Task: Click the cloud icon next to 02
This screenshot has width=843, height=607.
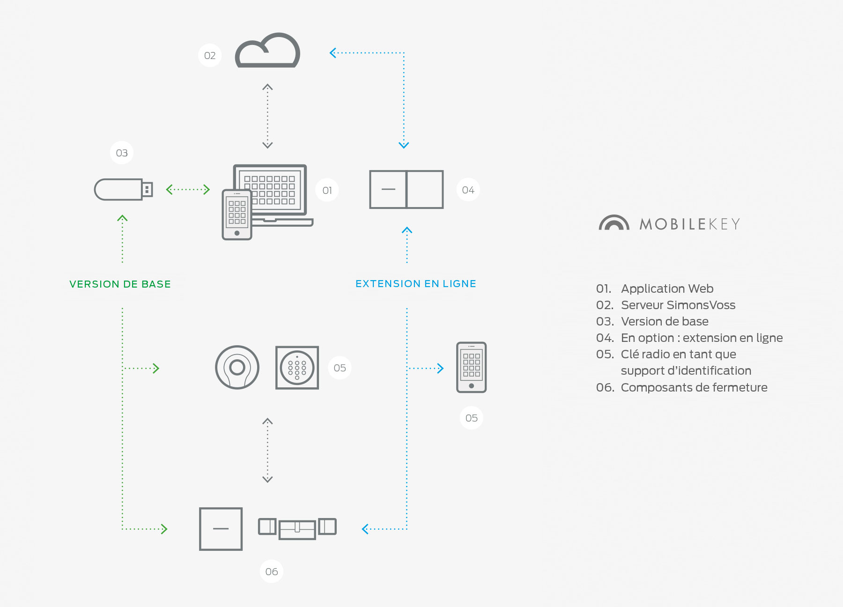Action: (x=267, y=52)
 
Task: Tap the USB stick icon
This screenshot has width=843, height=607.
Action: (x=123, y=189)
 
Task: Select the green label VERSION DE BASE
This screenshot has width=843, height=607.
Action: (x=120, y=284)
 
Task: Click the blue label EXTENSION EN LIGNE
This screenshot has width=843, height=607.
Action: (x=415, y=284)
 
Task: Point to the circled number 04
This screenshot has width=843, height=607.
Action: (x=468, y=190)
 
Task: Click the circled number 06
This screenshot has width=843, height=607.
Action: (x=271, y=571)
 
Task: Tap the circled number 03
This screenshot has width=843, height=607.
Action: (x=121, y=153)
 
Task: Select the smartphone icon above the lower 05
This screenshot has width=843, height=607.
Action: (x=471, y=367)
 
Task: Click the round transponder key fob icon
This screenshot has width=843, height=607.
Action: (x=237, y=368)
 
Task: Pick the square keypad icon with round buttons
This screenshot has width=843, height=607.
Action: (x=297, y=368)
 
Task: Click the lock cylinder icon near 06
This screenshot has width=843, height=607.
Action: (x=297, y=528)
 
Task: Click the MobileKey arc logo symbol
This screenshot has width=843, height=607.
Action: (x=614, y=223)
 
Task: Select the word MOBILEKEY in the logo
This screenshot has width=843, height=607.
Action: (x=689, y=224)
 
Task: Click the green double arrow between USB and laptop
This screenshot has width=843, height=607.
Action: (x=188, y=190)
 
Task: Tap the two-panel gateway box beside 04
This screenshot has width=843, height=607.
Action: (x=406, y=189)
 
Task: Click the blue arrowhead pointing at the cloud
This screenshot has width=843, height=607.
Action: (x=333, y=53)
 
